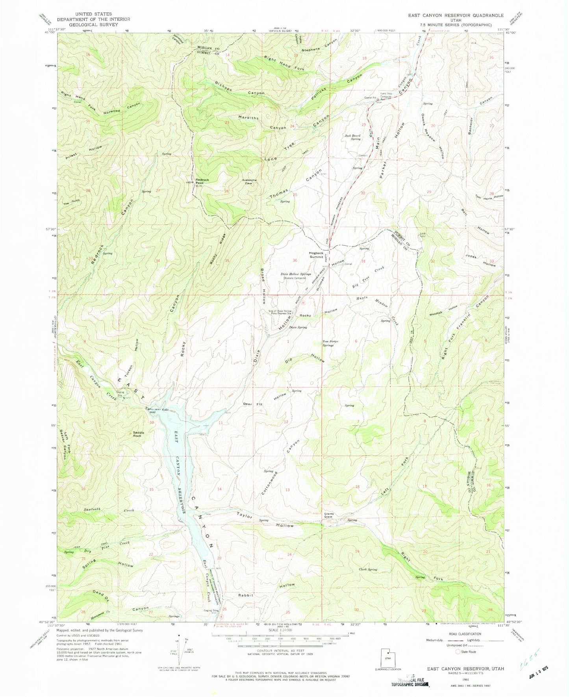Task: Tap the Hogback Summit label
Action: (x=316, y=254)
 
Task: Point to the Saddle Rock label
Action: (x=138, y=434)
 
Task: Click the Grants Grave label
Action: (x=329, y=515)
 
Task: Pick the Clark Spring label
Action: (x=368, y=569)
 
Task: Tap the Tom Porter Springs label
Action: (x=331, y=343)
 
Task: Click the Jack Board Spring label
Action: (x=353, y=137)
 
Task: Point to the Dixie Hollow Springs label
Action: (x=296, y=274)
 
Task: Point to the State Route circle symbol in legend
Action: (x=458, y=652)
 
